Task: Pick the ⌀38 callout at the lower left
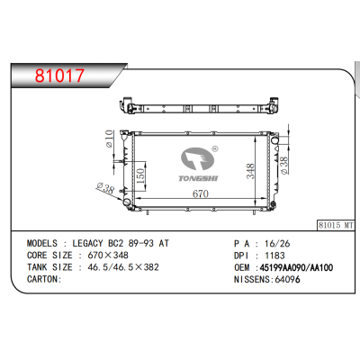tap(105, 190)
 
